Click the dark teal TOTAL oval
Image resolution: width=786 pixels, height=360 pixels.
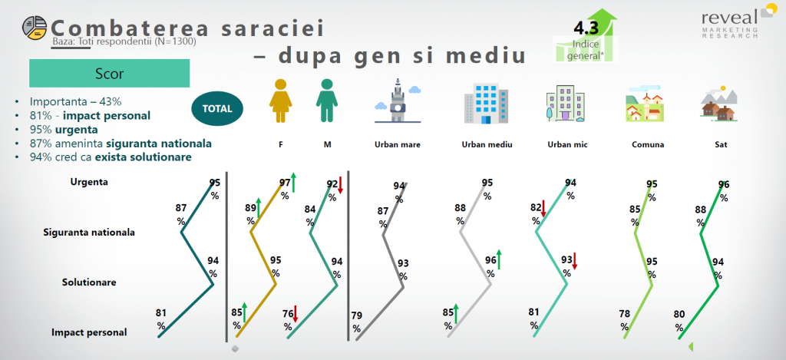tap(217, 108)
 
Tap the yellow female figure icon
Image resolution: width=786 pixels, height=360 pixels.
tap(280, 101)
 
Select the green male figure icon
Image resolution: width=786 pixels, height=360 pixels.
tap(327, 101)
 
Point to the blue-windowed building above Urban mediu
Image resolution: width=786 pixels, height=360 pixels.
tap(486, 103)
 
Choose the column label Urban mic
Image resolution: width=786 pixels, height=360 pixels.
tap(567, 145)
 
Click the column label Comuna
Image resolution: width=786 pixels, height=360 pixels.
tap(648, 145)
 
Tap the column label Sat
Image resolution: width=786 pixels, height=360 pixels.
tap(721, 145)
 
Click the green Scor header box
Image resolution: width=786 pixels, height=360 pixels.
tap(109, 74)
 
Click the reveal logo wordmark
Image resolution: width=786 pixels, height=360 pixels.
tap(730, 18)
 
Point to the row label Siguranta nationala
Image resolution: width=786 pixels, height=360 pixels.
tap(89, 233)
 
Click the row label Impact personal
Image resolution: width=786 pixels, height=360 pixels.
tap(89, 332)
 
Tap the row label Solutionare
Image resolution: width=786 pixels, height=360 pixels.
tap(89, 282)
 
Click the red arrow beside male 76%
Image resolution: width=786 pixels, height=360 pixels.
tap(296, 314)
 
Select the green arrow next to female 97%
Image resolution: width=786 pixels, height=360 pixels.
tap(294, 182)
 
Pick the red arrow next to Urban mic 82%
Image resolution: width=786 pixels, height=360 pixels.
tap(543, 209)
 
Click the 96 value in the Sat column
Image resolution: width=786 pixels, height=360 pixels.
tap(723, 185)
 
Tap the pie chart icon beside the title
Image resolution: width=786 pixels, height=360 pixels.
tap(34, 28)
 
